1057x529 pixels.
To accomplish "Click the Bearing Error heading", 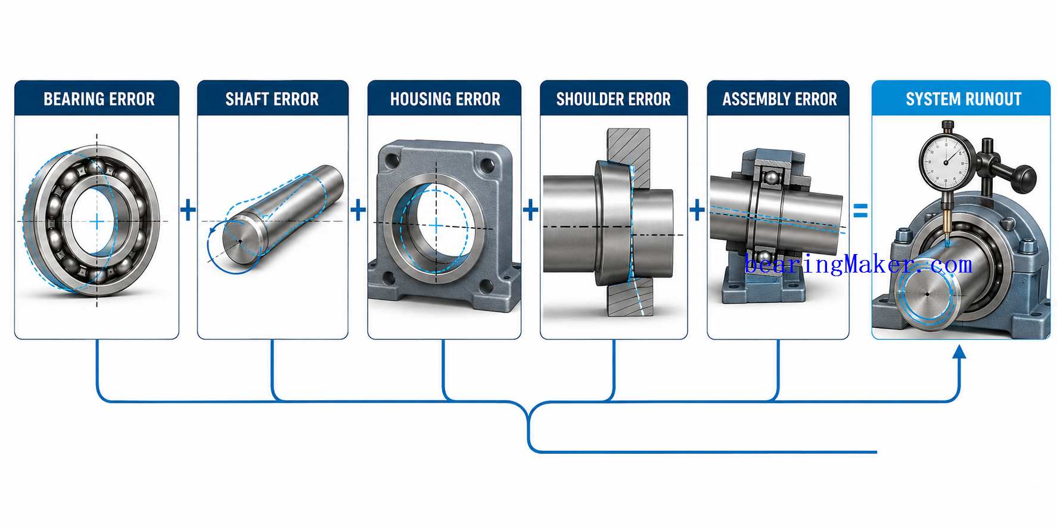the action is click(99, 99).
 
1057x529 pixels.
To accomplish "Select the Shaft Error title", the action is click(272, 99).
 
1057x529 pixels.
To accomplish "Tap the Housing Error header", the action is click(445, 99).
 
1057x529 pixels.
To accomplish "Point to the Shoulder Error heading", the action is click(614, 99).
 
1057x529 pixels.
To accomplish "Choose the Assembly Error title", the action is click(780, 99).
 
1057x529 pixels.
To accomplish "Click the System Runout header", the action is click(963, 99).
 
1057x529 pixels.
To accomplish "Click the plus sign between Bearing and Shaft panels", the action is click(188, 210).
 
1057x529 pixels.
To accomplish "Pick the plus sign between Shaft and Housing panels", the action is click(358, 210).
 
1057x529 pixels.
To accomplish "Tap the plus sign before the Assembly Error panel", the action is click(697, 210).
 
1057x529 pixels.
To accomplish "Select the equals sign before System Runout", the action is click(860, 211).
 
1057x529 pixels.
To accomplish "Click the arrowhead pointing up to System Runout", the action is click(959, 352).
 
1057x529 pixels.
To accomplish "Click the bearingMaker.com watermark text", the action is click(859, 264).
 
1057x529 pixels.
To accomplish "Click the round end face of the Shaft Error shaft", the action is click(241, 241).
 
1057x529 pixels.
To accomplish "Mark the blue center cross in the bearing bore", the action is click(97, 222).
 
